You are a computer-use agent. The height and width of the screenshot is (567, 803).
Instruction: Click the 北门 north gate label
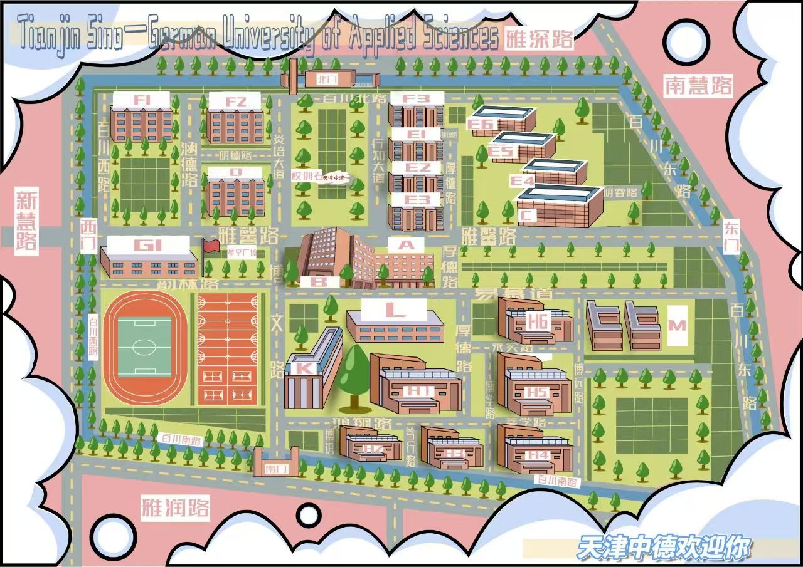(327, 80)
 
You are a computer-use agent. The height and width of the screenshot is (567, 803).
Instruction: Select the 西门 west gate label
(88, 236)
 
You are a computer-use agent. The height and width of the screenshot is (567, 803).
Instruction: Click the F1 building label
(141, 100)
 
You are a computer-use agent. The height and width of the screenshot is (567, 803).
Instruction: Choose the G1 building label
(148, 245)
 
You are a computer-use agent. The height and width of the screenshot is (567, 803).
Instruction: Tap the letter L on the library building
(395, 308)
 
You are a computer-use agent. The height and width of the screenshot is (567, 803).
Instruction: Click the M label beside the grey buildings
(678, 325)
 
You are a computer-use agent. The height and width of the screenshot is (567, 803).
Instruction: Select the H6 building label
(538, 322)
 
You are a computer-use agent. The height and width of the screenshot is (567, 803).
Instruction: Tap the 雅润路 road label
(175, 507)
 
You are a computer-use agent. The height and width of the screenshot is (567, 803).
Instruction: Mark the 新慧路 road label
(26, 221)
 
